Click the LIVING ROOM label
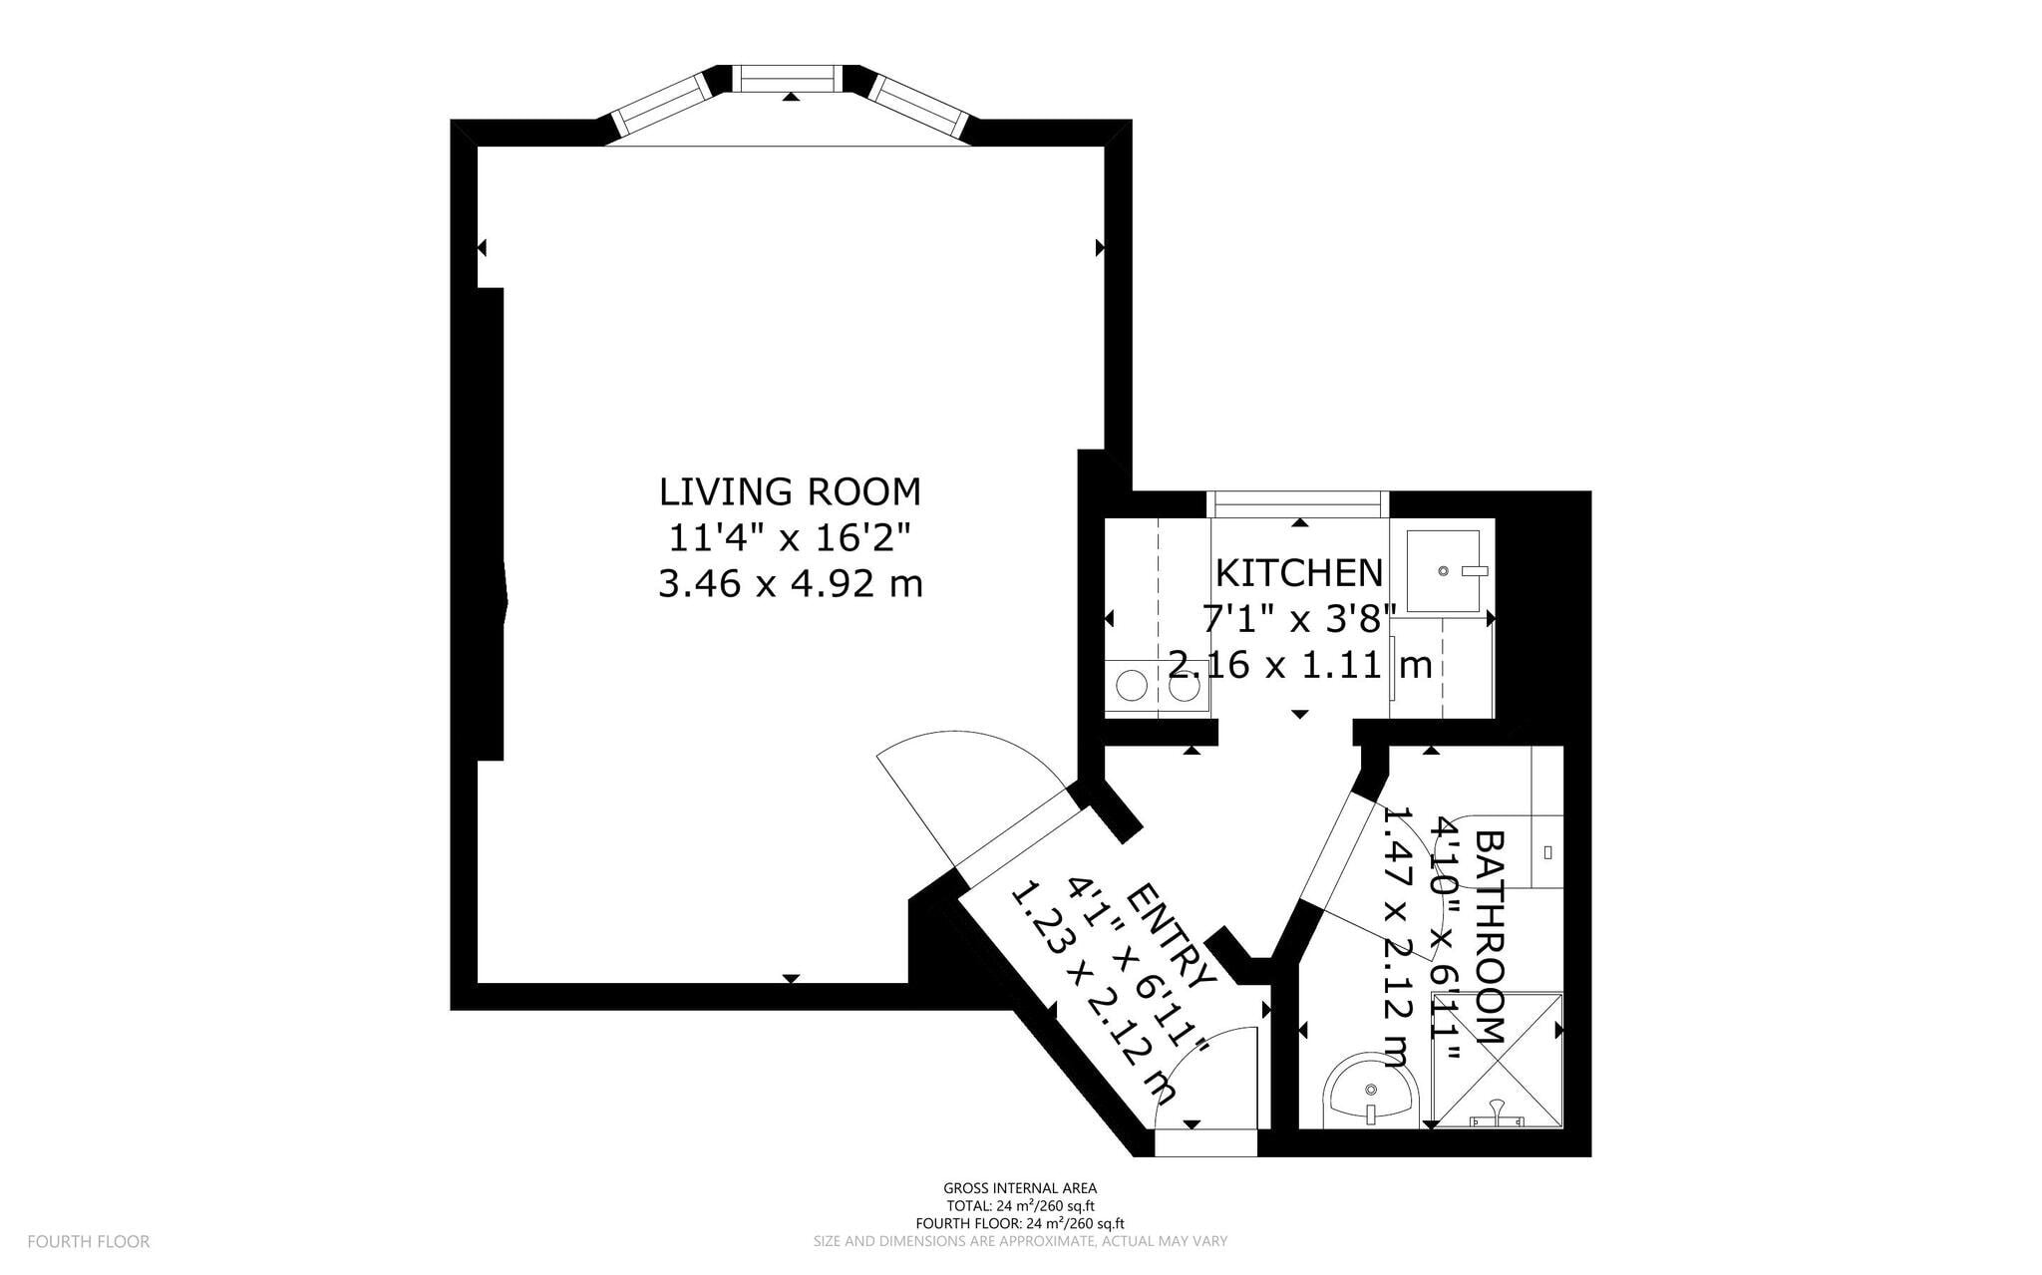point(790,492)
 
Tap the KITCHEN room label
point(1299,573)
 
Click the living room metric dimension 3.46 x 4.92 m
point(790,583)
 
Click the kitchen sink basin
point(1443,571)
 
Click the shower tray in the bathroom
point(1495,1060)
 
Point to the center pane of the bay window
point(789,78)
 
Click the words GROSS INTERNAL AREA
point(1020,1187)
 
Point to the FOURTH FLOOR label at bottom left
point(89,1241)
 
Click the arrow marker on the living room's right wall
point(1100,247)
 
